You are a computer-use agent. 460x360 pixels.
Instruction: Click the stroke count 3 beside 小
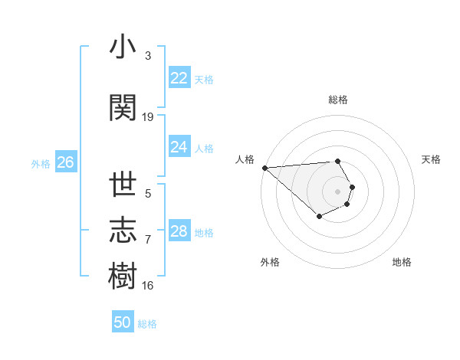pyautogui.click(x=148, y=56)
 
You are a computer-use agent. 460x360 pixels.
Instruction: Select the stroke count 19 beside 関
pyautogui.click(x=148, y=116)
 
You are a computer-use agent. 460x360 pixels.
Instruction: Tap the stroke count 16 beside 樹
pyautogui.click(x=148, y=286)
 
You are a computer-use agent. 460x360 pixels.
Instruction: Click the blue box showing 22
pyautogui.click(x=179, y=78)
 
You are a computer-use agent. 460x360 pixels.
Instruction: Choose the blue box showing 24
pyautogui.click(x=179, y=147)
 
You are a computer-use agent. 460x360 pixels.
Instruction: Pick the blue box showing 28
pyautogui.click(x=179, y=231)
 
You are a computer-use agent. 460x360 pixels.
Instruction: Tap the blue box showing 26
pyautogui.click(x=65, y=162)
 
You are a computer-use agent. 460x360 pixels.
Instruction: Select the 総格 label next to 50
pyautogui.click(x=147, y=324)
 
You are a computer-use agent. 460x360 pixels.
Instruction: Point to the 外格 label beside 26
pyautogui.click(x=41, y=163)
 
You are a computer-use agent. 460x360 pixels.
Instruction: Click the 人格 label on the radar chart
pyautogui.click(x=245, y=159)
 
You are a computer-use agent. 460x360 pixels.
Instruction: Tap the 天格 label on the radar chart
pyautogui.click(x=431, y=159)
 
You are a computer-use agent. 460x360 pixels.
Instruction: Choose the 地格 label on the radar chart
pyautogui.click(x=402, y=262)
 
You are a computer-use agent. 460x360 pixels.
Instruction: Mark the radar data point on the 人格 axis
pyautogui.click(x=264, y=168)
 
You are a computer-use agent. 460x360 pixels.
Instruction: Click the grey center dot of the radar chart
pyautogui.click(x=338, y=191)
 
